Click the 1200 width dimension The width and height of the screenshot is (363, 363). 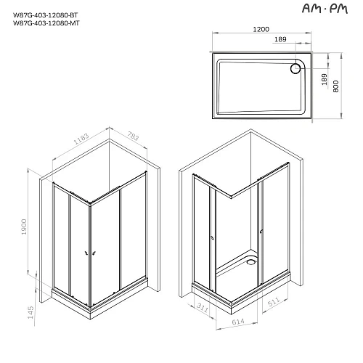pos(263,30)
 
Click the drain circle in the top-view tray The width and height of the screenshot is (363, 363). pos(295,69)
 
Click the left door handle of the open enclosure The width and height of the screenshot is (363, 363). pos(210,236)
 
